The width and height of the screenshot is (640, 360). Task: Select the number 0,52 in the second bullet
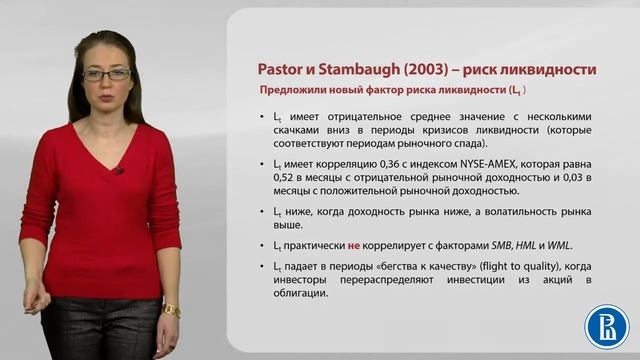click(286, 178)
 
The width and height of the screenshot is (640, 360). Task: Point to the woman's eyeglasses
click(106, 74)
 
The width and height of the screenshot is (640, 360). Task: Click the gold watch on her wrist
click(171, 311)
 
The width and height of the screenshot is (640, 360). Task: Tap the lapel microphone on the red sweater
click(118, 170)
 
